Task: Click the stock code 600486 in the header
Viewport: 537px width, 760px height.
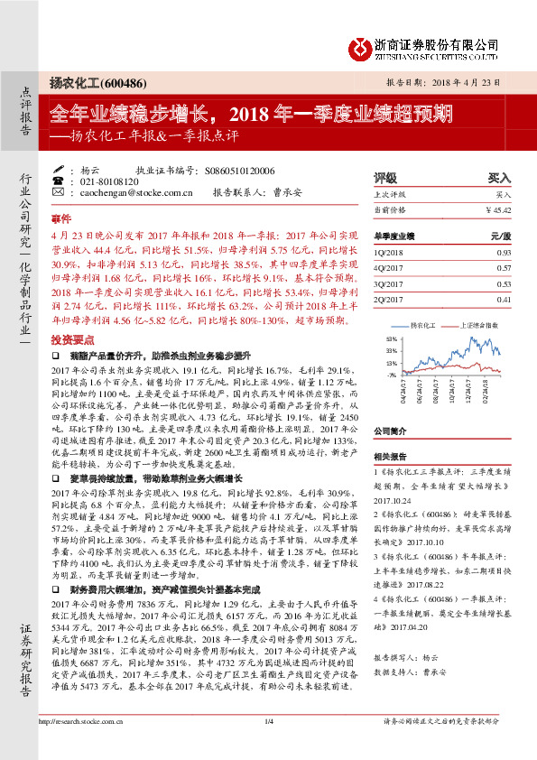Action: pos(121,79)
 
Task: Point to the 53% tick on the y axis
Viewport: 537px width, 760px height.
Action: pos(391,338)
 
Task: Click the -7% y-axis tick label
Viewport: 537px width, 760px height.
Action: pos(391,374)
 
